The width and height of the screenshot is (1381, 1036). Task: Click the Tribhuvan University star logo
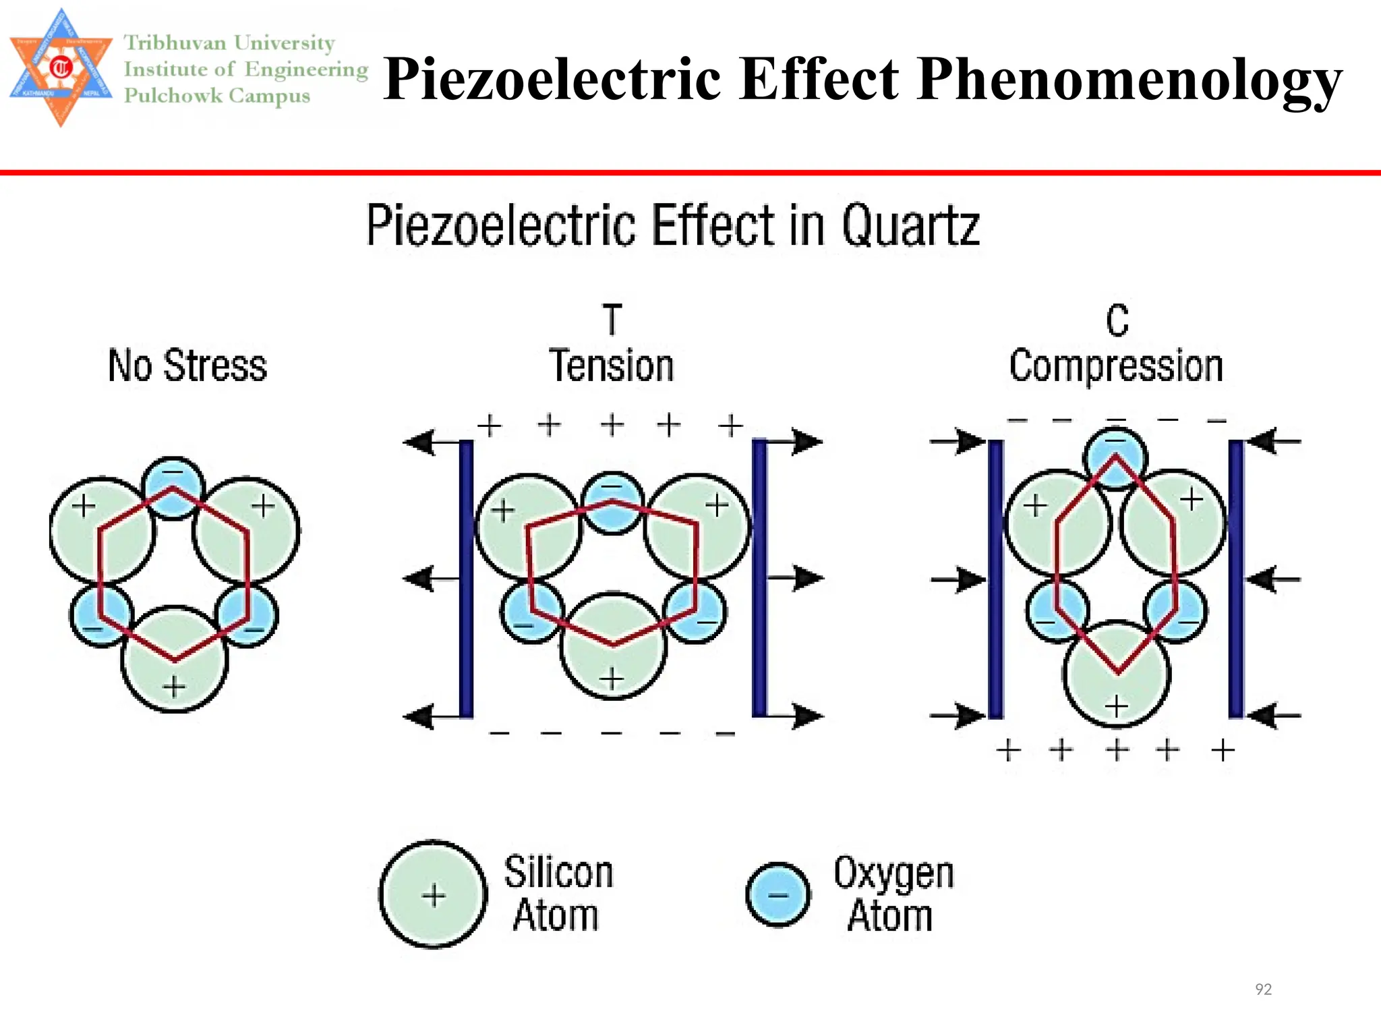[x=61, y=67]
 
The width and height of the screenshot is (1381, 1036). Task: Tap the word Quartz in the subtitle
[x=910, y=226]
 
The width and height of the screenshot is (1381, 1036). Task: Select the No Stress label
[x=187, y=366]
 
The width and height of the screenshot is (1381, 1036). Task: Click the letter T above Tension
[x=612, y=320]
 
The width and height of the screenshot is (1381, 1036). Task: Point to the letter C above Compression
[x=1117, y=321]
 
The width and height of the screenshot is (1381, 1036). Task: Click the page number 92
[x=1263, y=989]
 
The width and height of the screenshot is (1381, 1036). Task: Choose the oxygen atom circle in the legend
[x=778, y=895]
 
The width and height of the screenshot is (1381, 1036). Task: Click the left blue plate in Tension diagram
[x=466, y=579]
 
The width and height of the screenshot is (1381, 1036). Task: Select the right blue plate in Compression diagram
[x=1236, y=579]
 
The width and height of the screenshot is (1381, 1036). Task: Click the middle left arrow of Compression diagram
[x=958, y=579]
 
